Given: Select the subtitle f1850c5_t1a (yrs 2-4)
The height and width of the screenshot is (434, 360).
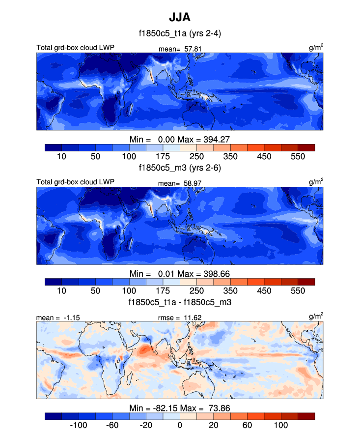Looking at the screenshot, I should click(179, 34).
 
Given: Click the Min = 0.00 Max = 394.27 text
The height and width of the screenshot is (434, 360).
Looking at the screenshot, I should click(179, 139).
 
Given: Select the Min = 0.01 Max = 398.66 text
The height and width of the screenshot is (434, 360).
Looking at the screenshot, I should click(179, 273).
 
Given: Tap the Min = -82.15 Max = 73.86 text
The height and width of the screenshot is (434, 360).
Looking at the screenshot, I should click(179, 408).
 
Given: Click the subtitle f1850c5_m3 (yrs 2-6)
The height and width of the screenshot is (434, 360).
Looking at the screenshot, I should click(179, 168).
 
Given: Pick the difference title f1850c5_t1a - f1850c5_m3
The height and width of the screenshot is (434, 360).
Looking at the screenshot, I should click(179, 302).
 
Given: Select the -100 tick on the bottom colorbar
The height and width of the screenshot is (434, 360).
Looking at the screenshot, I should click(79, 425).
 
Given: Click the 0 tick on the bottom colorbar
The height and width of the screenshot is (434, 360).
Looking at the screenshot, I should click(180, 425).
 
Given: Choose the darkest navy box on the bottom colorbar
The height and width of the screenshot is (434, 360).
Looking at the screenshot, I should click(53, 416).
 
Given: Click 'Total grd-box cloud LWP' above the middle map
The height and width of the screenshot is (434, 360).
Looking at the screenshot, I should click(75, 182).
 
